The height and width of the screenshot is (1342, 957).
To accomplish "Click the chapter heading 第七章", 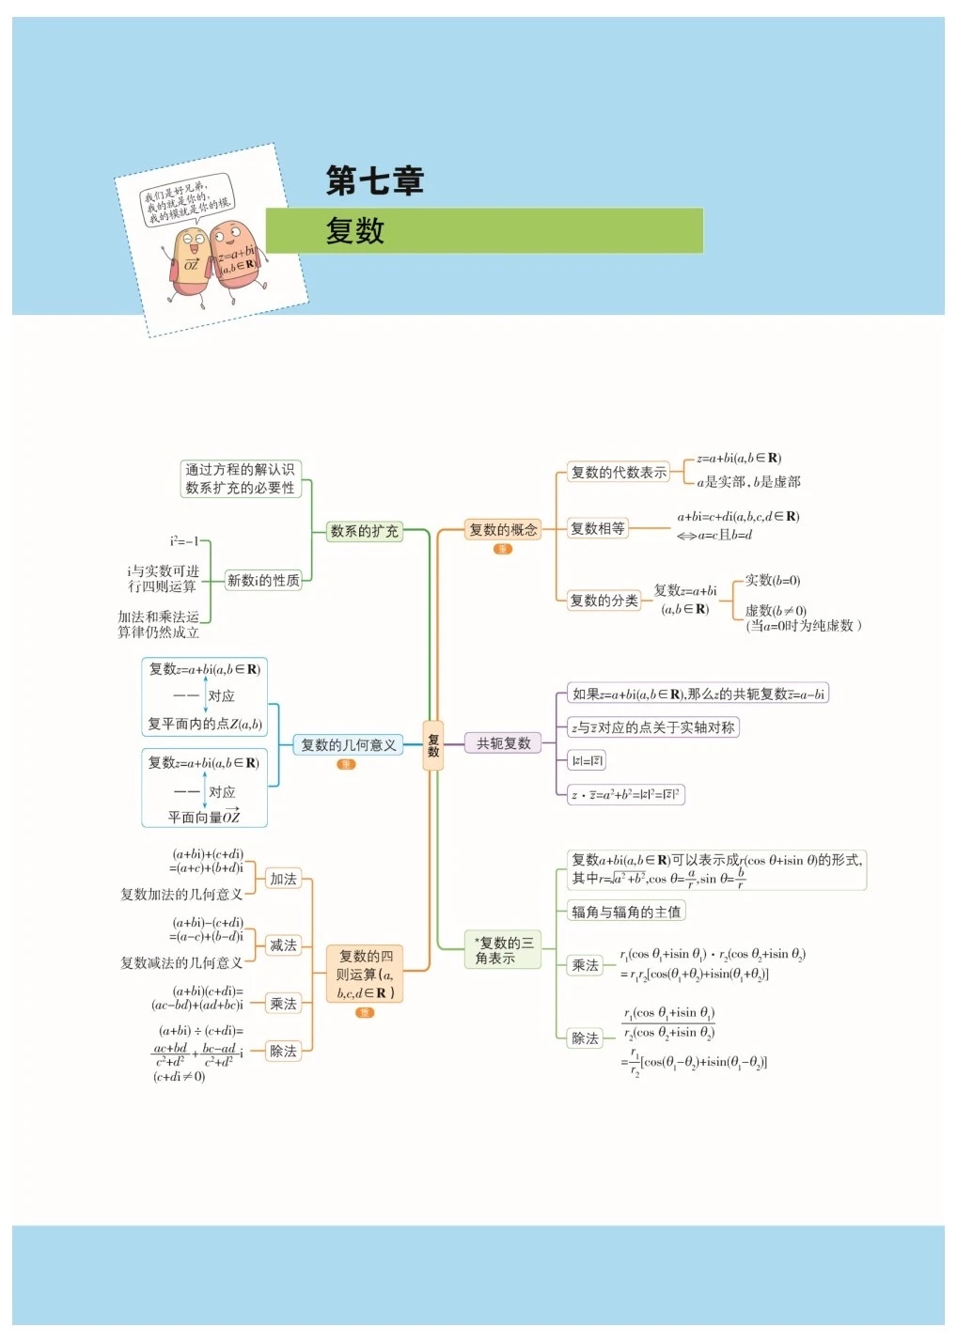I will click(x=374, y=180).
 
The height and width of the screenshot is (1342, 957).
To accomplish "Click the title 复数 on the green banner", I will click(x=355, y=230).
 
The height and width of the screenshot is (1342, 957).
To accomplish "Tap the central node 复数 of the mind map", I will click(x=432, y=745).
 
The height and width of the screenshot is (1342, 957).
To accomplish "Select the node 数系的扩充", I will click(x=364, y=531).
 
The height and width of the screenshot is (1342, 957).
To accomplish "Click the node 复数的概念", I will click(x=503, y=530).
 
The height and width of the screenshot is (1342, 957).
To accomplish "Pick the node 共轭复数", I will click(x=503, y=743).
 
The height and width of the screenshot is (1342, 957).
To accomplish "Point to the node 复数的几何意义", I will click(x=348, y=745).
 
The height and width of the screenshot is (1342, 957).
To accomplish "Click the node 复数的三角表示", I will click(x=503, y=949).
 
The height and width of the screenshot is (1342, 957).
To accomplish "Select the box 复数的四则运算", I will click(x=365, y=974).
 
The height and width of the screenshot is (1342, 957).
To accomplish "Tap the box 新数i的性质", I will click(x=263, y=580).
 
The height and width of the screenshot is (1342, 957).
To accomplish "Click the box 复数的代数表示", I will click(x=619, y=472).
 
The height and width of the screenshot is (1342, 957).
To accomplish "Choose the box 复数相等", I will click(x=597, y=528).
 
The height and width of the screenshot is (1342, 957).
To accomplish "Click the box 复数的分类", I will click(x=604, y=600).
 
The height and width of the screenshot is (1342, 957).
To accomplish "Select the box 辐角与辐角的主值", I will click(x=626, y=911).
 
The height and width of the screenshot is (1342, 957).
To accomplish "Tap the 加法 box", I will click(x=283, y=879).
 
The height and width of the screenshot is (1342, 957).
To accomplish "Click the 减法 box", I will click(x=283, y=944).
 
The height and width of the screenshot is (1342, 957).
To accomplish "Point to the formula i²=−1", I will click(x=184, y=541).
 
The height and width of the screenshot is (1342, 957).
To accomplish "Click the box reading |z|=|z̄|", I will click(x=587, y=760).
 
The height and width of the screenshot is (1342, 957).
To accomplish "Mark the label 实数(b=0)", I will click(x=773, y=580).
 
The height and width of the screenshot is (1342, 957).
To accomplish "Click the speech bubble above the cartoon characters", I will click(x=186, y=200).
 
